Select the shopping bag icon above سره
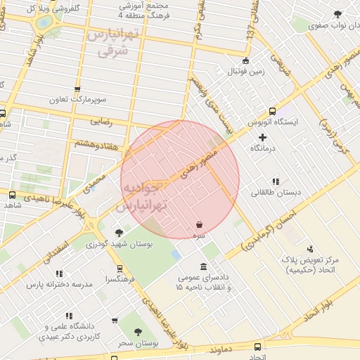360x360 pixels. pyautogui.click(x=200, y=225)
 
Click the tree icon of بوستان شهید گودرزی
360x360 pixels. pyautogui.click(x=118, y=233)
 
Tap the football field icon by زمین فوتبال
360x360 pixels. pyautogui.click(x=245, y=60)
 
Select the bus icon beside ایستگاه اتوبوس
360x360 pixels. pyautogui.click(x=272, y=111)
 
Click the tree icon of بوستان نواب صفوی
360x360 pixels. pyautogui.click(x=338, y=13)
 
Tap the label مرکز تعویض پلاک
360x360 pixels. pyautogui.click(x=310, y=265)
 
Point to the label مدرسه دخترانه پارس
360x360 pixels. pyautogui.click(x=60, y=284)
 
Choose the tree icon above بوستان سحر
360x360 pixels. pyautogui.click(x=138, y=331)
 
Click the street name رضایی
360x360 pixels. pyautogui.click(x=101, y=121)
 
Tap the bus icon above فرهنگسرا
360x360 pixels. pyautogui.click(x=120, y=268)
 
